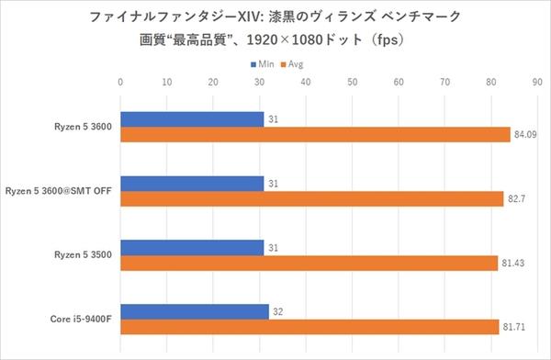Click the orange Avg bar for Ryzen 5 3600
click(315, 135)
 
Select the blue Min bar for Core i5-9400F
click(195, 311)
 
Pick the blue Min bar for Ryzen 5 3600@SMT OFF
click(192, 183)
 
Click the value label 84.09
click(525, 135)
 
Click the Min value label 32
click(278, 311)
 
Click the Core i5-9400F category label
click(82, 320)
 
